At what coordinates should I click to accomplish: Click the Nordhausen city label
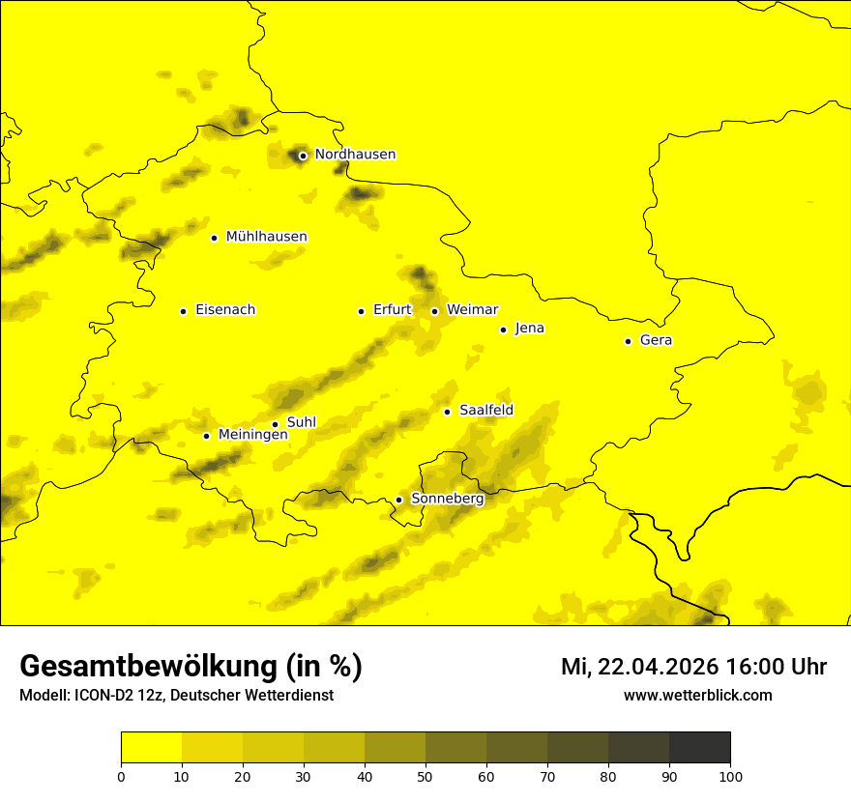coord(355,155)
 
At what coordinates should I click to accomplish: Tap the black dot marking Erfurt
coord(361,311)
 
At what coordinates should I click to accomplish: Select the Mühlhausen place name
coord(266,237)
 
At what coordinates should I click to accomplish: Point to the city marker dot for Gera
coord(628,341)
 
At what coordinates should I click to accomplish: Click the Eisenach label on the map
coord(225,310)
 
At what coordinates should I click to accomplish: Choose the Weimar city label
coord(472,310)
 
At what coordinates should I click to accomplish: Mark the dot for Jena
coord(503,329)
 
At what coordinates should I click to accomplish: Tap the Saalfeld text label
coord(485,411)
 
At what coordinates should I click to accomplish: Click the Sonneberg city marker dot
coord(398,500)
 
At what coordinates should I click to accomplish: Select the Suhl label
coord(301,422)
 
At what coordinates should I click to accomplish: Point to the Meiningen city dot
coord(206,436)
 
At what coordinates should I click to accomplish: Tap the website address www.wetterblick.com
coord(697,696)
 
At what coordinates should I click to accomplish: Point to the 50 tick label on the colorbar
coord(425,776)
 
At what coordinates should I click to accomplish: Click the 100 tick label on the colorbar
coord(730,776)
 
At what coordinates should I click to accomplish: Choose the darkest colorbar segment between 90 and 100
coord(699,747)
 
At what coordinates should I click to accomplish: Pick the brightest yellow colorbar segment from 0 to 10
coord(151,747)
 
